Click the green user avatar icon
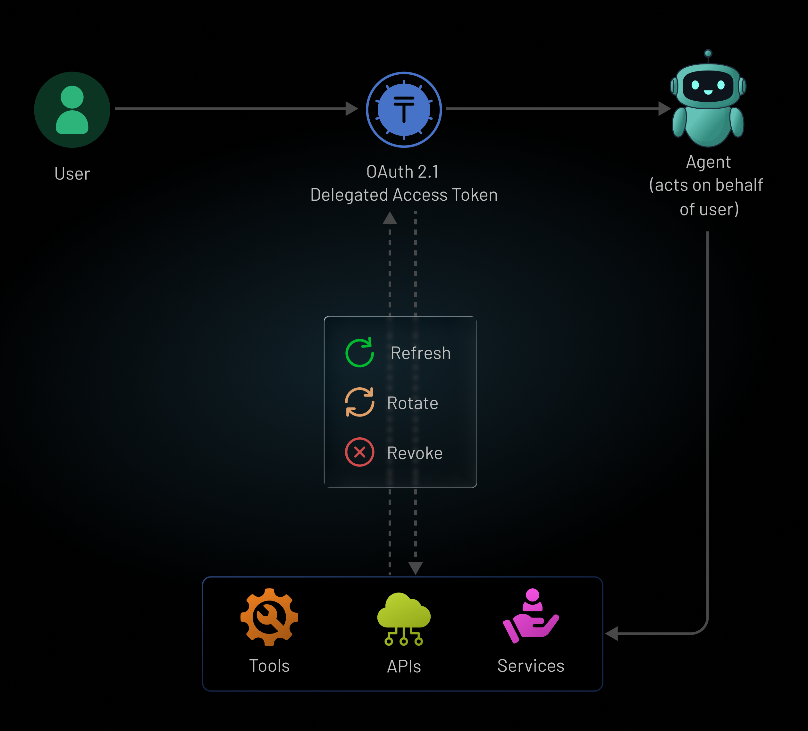72,109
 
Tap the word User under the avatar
72,174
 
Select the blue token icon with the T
404,109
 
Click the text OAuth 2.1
403,172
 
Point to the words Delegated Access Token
404,195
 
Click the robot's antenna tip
708,53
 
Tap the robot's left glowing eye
695,85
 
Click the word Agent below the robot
708,162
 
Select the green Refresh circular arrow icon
359,353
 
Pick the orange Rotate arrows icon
359,402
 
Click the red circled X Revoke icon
359,452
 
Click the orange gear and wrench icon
269,617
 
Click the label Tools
269,666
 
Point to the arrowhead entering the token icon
351,108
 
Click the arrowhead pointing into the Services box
612,634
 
